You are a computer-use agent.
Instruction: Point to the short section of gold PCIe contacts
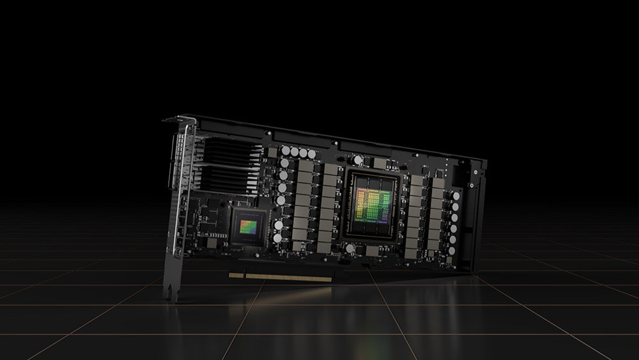(236, 276)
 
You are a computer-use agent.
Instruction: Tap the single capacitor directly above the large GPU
(359, 160)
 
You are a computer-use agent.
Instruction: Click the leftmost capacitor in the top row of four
(285, 151)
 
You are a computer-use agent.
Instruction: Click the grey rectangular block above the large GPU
(381, 164)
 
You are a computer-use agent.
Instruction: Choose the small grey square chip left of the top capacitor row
(272, 153)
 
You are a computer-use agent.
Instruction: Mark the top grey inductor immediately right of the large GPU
(416, 181)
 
